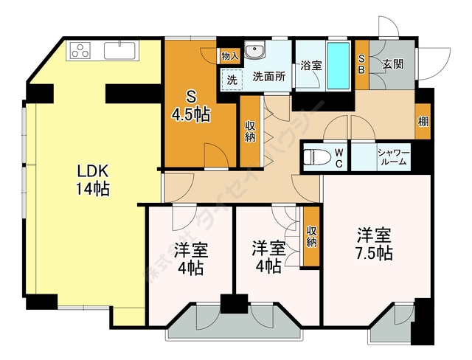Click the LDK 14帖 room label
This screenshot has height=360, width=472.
(94, 179)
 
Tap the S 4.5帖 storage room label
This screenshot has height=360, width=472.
(190, 105)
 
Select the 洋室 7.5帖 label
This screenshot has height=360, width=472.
(375, 244)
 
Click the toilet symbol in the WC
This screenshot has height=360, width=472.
(316, 157)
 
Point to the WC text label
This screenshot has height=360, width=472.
(339, 157)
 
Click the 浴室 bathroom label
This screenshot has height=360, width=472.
(310, 65)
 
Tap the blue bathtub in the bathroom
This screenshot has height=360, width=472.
(339, 64)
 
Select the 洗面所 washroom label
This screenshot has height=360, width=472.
(269, 76)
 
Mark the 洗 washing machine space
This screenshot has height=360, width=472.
(231, 79)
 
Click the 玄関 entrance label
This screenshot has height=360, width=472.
(392, 64)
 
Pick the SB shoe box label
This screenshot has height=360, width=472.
(362, 64)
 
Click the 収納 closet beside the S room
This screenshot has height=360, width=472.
(250, 131)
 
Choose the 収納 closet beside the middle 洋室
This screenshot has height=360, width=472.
(311, 237)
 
